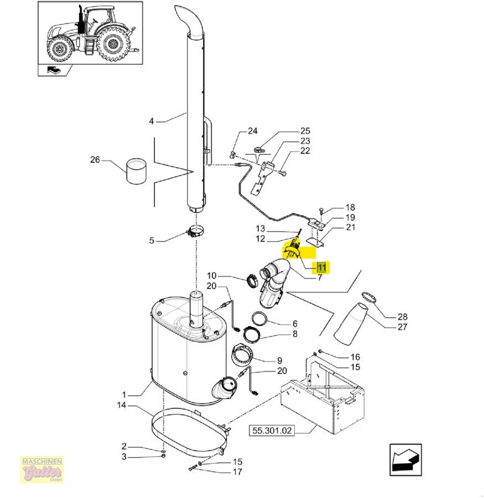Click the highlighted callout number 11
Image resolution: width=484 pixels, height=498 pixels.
(322, 268)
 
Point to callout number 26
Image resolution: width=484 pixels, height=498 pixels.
(96, 160)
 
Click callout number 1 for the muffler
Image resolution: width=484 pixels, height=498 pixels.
(124, 395)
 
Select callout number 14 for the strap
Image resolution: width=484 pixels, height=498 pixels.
(122, 405)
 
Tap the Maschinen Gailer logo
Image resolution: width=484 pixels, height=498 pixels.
(42, 470)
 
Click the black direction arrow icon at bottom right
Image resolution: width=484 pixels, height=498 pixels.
(406, 459)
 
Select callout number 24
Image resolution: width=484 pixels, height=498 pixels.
(252, 131)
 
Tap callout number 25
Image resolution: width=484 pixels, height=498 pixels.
(305, 131)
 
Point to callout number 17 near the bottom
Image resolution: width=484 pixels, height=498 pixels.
(237, 472)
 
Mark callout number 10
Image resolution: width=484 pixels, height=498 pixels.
(212, 275)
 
